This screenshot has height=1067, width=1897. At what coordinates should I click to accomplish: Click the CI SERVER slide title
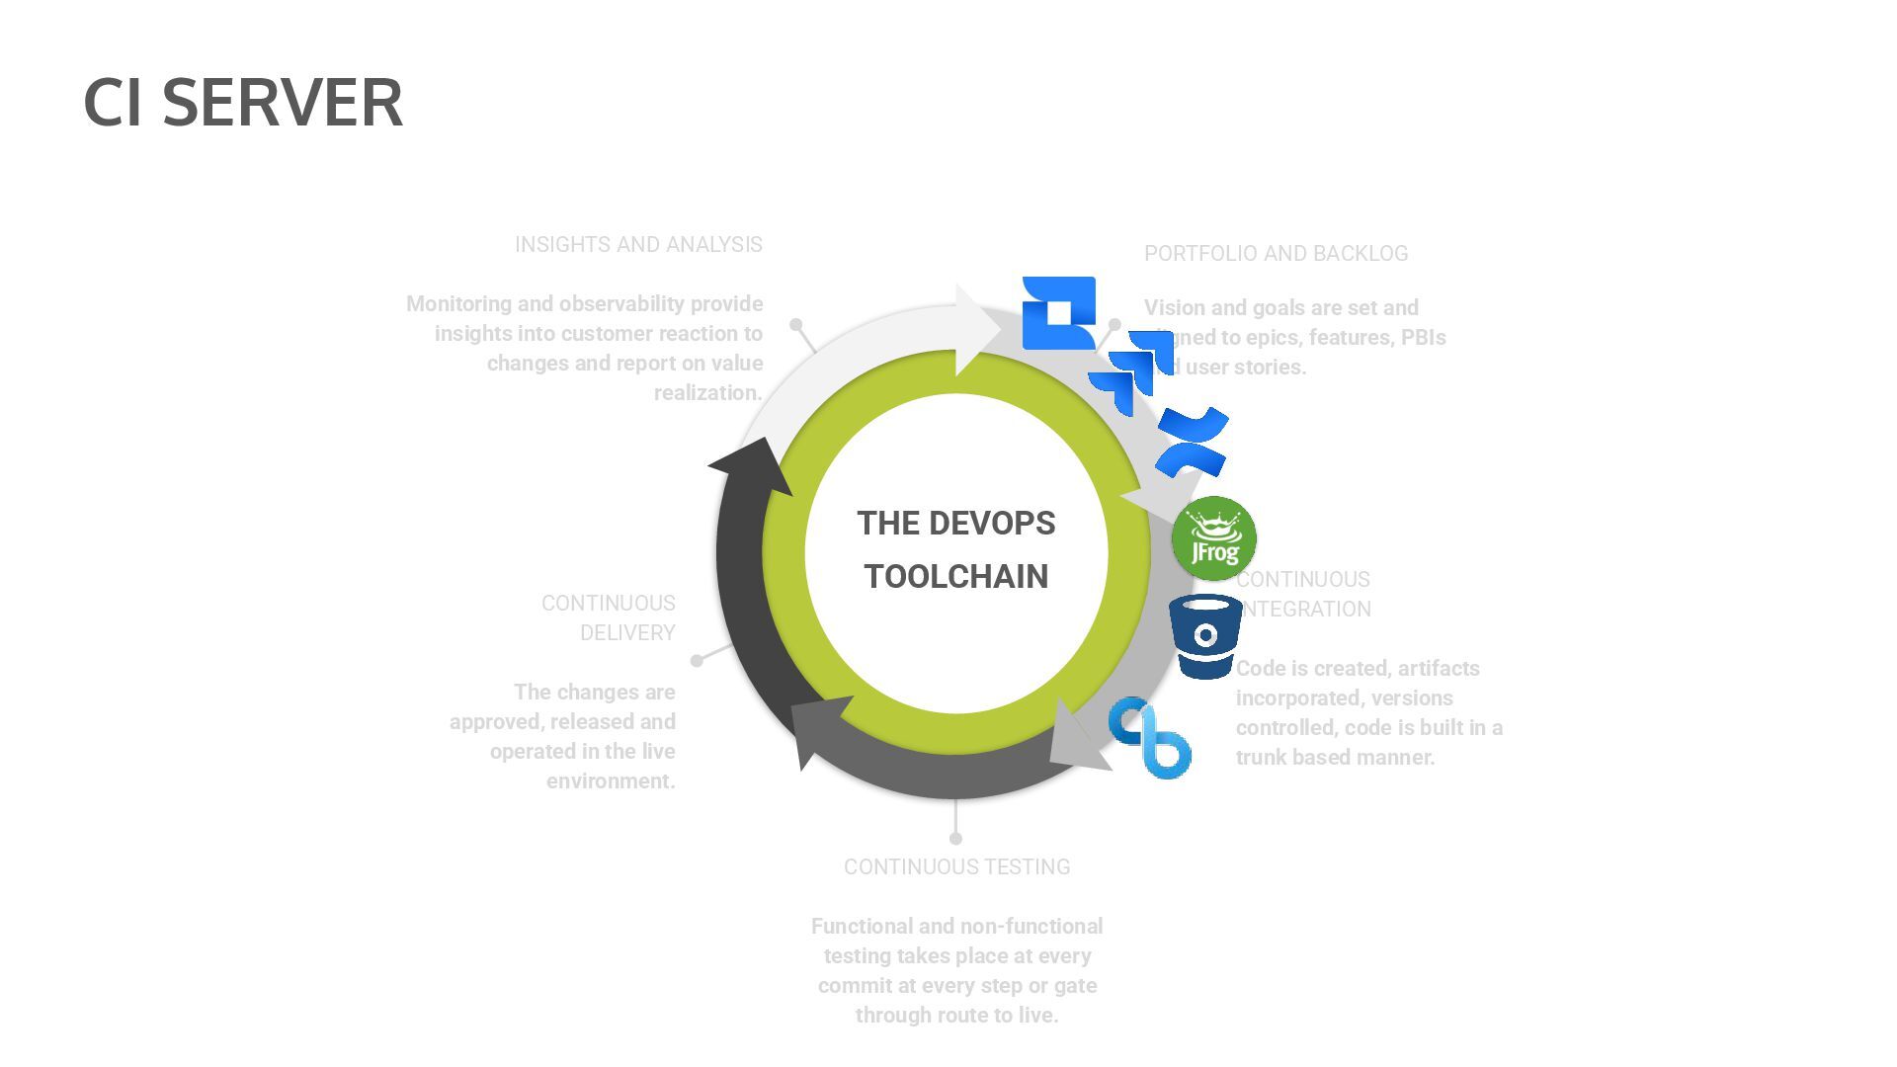(243, 102)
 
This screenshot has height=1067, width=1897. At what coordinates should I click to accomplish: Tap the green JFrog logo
(1213, 538)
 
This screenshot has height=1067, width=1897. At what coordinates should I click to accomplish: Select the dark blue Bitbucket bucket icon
(1205, 636)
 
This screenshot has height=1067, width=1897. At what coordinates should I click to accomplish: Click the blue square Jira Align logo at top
(1058, 312)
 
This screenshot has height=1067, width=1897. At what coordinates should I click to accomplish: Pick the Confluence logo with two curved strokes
(1193, 442)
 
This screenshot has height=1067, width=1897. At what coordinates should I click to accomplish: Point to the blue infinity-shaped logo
(1149, 737)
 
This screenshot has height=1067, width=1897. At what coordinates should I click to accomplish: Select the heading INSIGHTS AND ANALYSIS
(638, 245)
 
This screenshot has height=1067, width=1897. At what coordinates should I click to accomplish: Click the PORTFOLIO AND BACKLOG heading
(1276, 254)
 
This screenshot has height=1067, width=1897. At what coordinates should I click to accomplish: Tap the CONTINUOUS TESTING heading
(956, 867)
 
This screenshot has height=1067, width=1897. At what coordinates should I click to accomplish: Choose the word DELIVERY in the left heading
(627, 633)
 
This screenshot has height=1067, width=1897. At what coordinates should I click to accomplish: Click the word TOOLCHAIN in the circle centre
(955, 577)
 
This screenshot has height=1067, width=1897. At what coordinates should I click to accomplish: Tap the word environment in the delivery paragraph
(611, 781)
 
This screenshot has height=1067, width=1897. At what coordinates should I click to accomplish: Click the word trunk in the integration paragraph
(1261, 758)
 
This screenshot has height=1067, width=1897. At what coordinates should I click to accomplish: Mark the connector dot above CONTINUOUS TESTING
(955, 839)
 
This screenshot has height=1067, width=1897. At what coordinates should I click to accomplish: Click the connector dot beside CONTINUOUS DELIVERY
(697, 660)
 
